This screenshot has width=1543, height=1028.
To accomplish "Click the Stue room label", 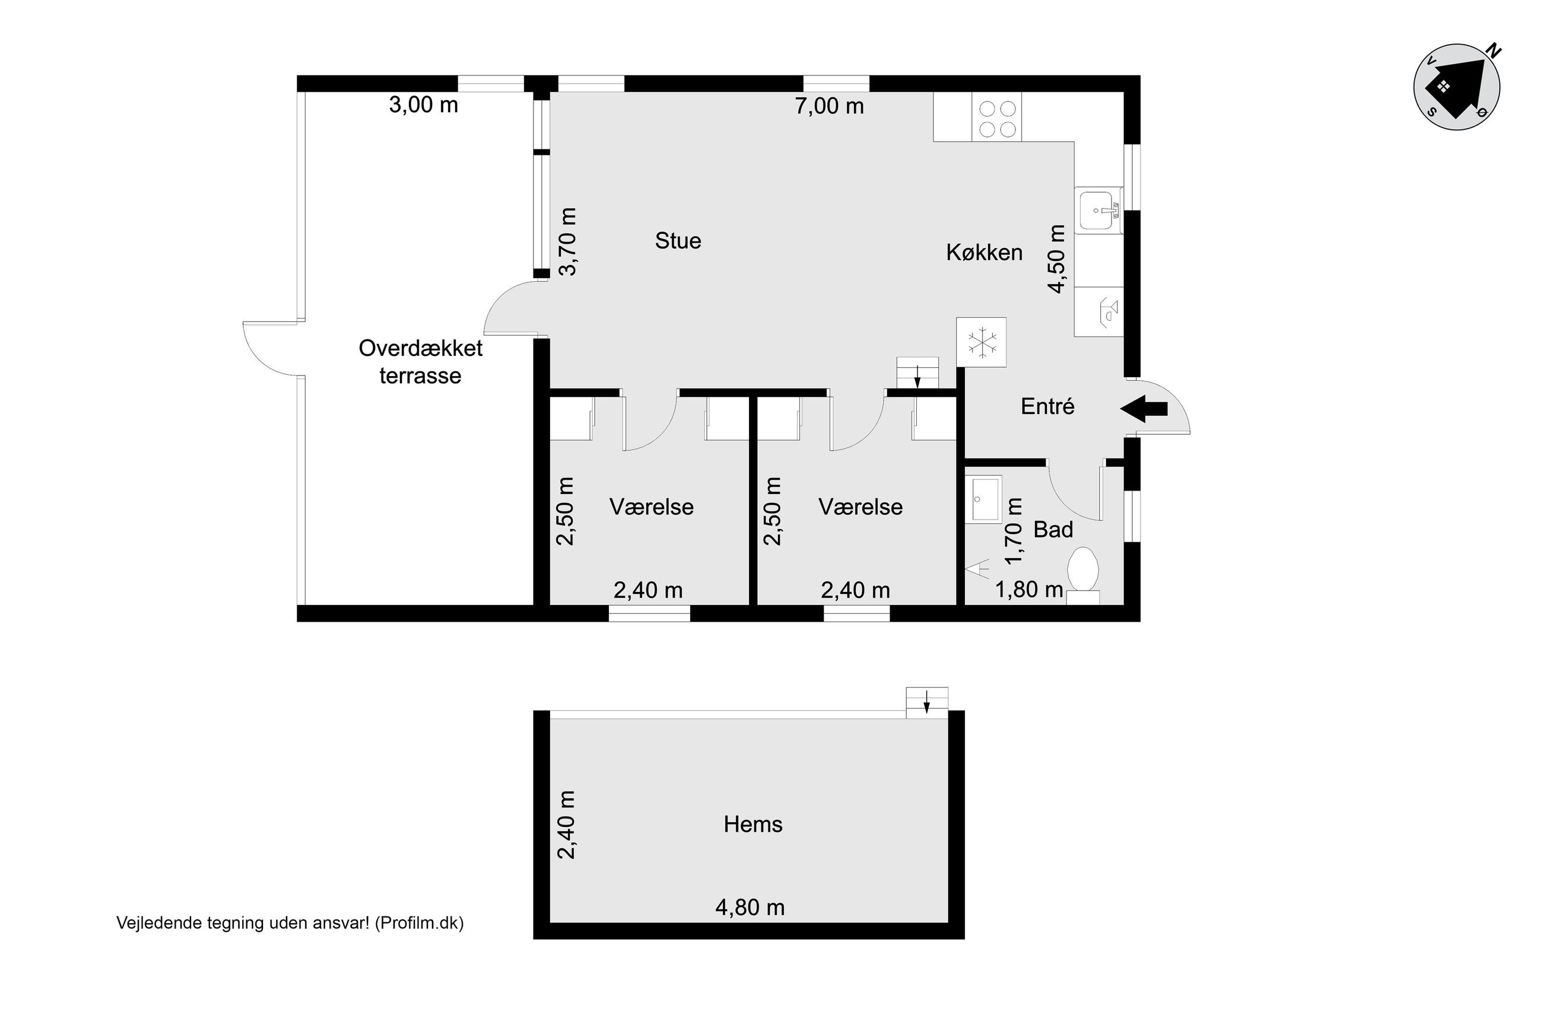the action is click(x=678, y=241).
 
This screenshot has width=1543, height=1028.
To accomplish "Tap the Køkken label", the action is click(x=983, y=253).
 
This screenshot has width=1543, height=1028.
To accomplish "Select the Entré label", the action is click(x=1047, y=406).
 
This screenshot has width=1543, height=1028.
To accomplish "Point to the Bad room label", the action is click(x=1053, y=529).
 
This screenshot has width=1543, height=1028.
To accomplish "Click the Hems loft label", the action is click(x=753, y=824).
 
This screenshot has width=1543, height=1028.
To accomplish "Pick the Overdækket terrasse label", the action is click(x=420, y=362).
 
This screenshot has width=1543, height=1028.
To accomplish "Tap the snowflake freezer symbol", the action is click(x=981, y=342).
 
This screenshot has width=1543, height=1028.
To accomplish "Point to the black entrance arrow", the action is click(x=1144, y=409).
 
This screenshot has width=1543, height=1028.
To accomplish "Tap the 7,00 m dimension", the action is click(x=830, y=106).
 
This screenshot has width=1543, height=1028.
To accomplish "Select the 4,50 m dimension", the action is click(x=1056, y=259).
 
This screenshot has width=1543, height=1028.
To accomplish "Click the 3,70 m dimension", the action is click(x=568, y=242).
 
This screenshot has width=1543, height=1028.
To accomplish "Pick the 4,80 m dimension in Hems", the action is click(x=750, y=908).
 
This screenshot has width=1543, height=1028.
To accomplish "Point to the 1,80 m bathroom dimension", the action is click(x=1029, y=590).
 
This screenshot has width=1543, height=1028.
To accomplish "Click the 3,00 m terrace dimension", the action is click(x=424, y=105).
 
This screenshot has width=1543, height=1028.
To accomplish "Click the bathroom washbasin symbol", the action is click(x=983, y=499).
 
